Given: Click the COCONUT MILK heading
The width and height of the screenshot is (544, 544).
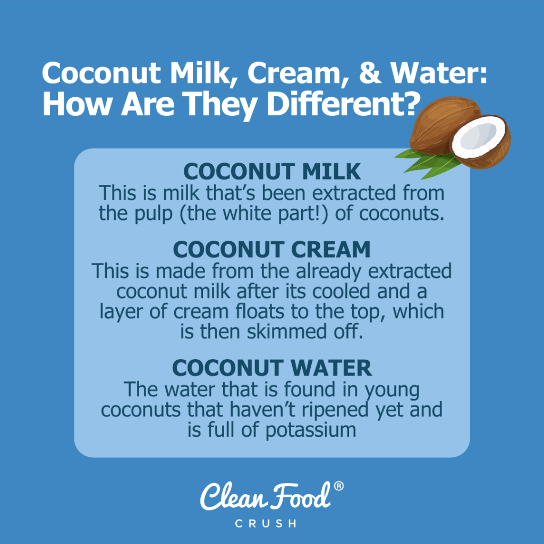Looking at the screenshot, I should point(271,172).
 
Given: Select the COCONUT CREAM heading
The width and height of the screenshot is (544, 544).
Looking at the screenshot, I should point(271,249).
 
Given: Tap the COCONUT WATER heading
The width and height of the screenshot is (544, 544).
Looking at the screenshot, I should point(271,368).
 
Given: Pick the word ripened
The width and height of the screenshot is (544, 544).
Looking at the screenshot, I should point(344,410).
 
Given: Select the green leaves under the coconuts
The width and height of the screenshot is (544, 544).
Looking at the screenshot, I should point(420,158).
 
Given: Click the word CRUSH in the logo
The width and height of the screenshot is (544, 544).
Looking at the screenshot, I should point(272,523).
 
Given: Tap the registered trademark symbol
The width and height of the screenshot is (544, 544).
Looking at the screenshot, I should point(338,486).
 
